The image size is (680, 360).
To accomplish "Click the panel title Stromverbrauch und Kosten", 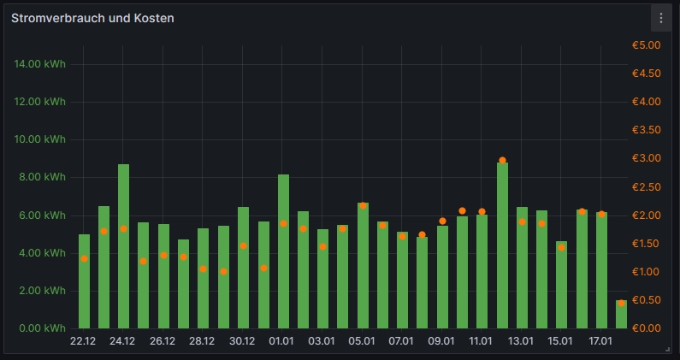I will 92,18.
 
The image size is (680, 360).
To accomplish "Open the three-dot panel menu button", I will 660,18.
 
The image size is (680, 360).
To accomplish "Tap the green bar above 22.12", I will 84,281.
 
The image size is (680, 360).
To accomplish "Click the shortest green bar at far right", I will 621,315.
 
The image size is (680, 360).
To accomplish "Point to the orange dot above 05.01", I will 363,206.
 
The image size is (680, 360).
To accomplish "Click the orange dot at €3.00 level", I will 502,160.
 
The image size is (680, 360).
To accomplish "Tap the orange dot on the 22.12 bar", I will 84,258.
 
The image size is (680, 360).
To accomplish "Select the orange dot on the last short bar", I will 621,303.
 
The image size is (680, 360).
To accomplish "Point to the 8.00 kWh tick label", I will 43,178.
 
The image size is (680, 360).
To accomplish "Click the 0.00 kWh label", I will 43,328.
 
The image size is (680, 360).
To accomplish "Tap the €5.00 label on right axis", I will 647,45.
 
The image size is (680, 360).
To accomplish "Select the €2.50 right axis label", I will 647,187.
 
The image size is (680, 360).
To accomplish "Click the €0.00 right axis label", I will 647,328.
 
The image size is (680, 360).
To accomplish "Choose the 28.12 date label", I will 203,342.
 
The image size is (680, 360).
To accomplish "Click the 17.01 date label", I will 601,342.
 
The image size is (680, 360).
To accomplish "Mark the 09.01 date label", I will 442,342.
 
